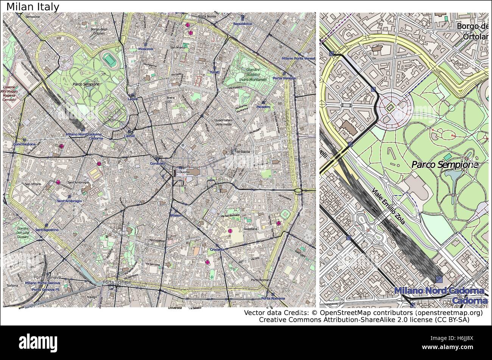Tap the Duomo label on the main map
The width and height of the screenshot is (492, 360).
pos(184,172)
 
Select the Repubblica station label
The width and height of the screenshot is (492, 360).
pos(242,23)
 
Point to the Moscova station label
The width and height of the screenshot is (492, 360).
pos(146,49)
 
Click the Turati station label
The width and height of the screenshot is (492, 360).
pos(214,72)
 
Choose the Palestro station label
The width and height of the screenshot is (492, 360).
pos(263,107)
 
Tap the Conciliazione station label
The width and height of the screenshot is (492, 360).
pos(24,144)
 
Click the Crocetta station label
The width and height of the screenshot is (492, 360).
pos(217,250)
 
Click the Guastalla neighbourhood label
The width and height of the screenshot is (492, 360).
pos(251,229)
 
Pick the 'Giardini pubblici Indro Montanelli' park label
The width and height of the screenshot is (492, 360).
pos(252,75)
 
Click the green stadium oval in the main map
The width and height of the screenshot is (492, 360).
pos(110,59)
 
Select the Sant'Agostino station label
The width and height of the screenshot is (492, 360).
pos(47,230)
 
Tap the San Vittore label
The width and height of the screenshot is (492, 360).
pos(33,184)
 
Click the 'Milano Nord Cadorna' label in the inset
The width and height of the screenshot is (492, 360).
pos(439,291)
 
